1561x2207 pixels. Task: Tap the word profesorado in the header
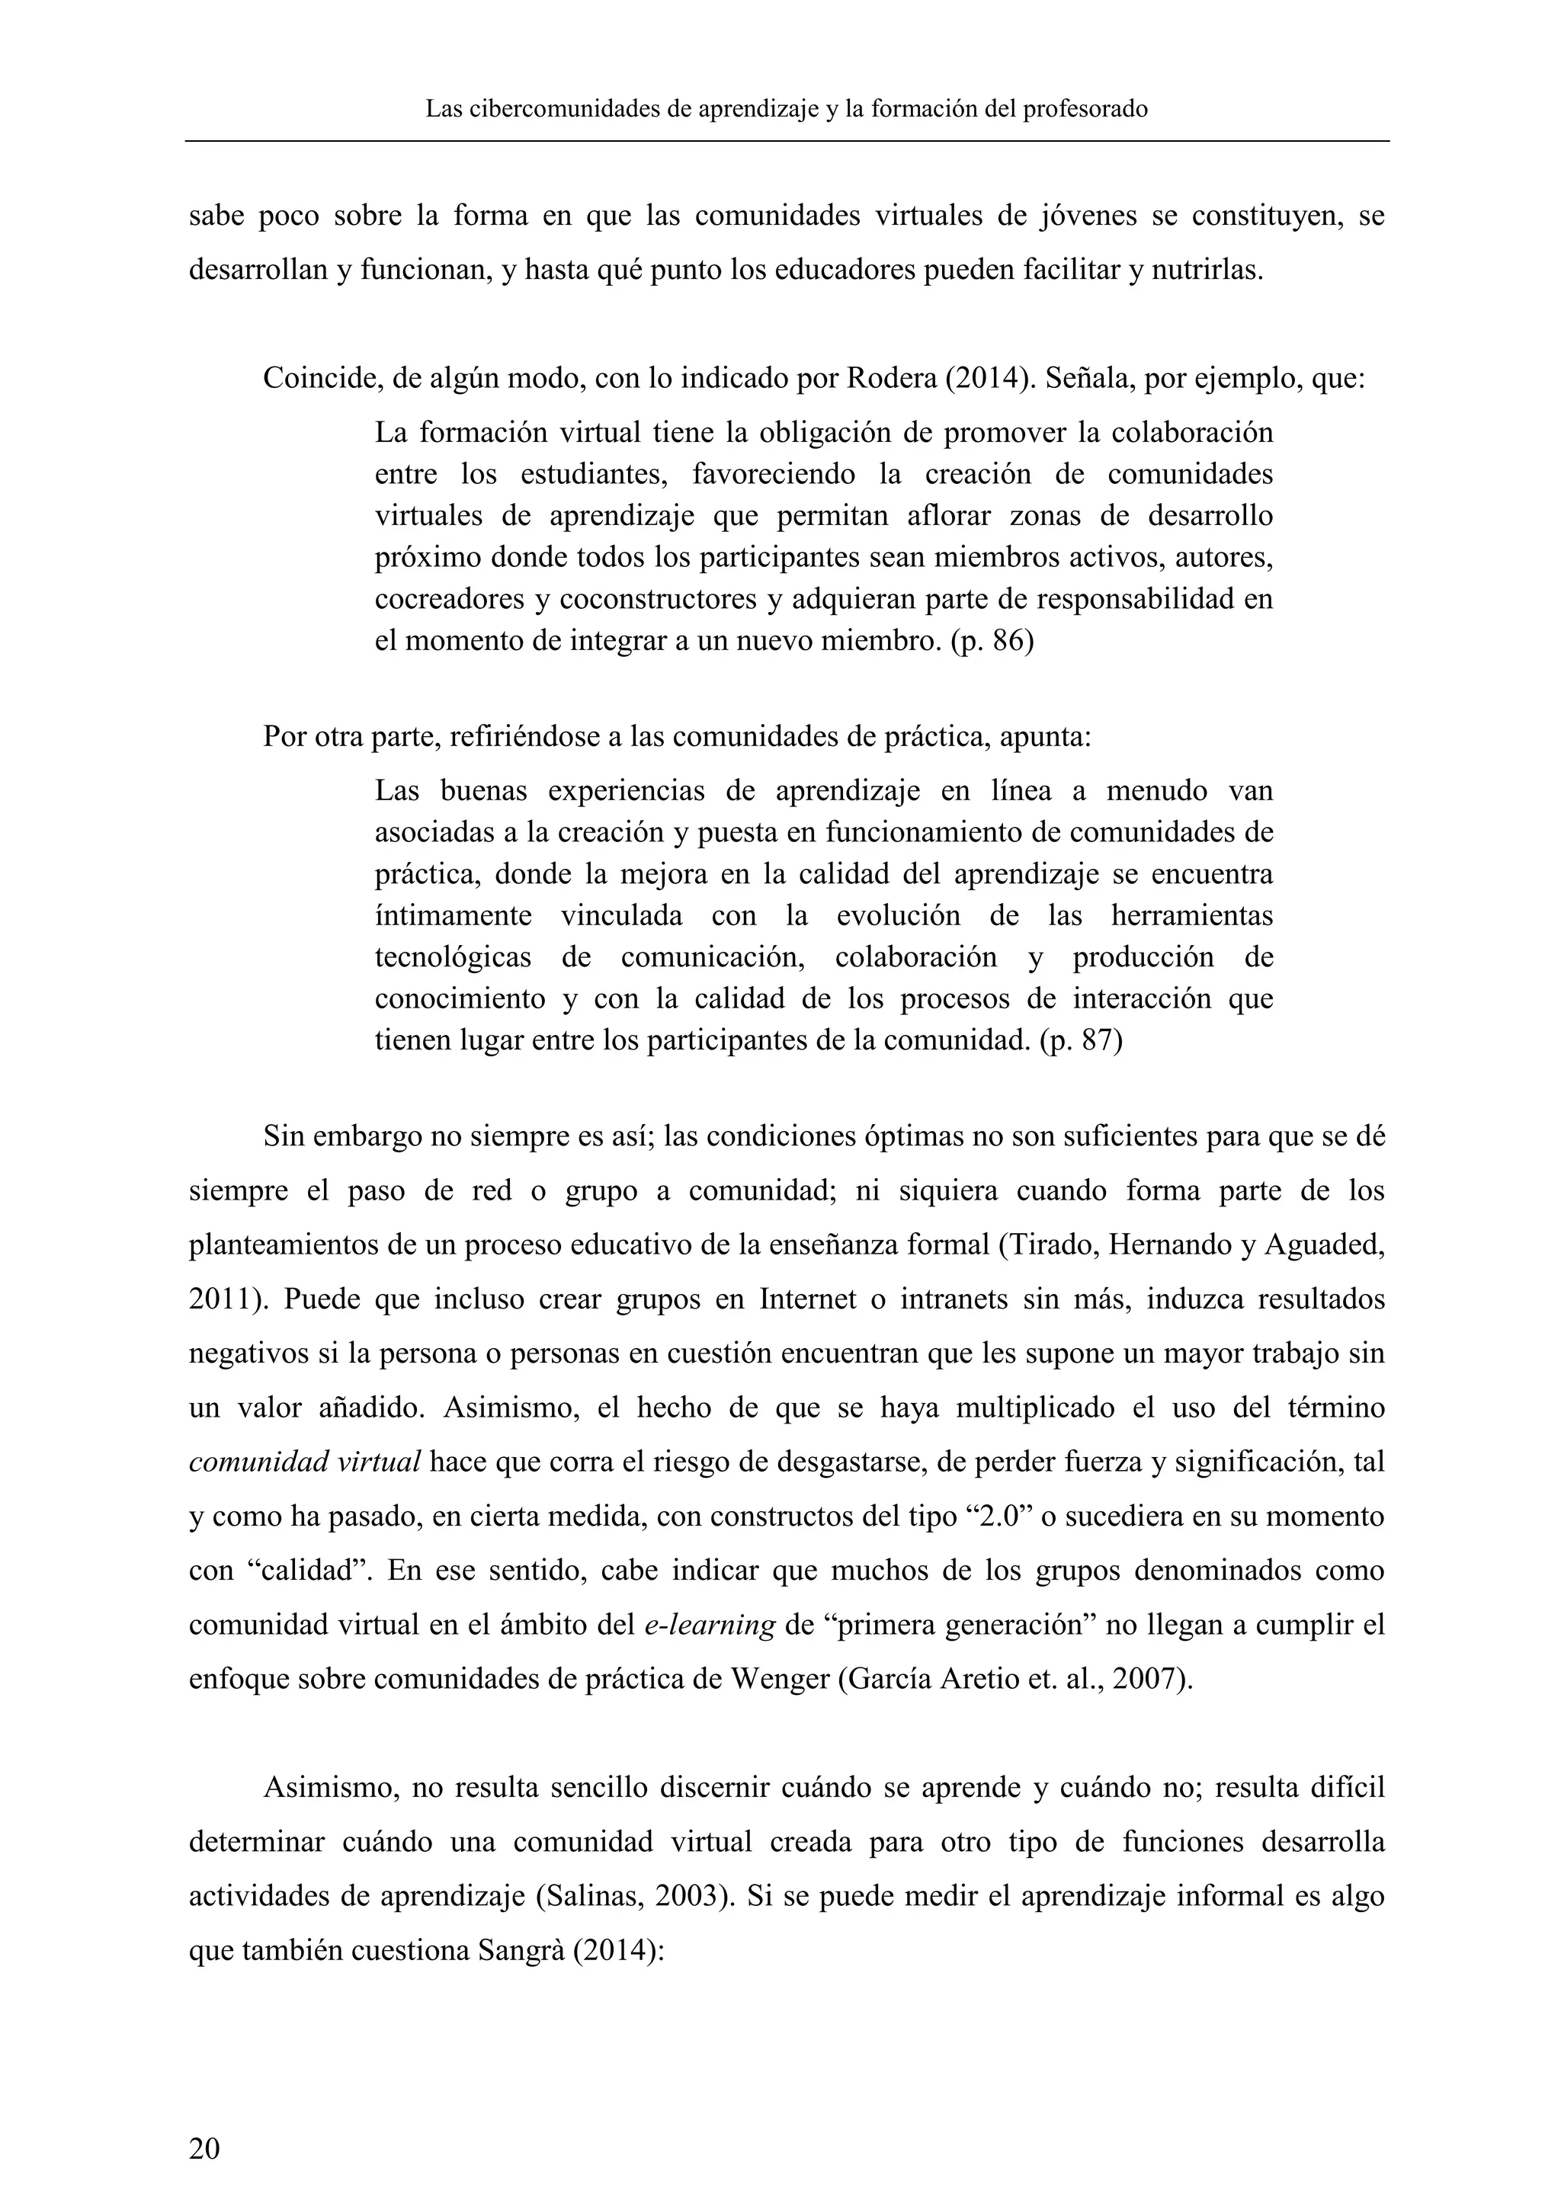[x=1085, y=110]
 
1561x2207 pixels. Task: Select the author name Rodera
[x=889, y=378]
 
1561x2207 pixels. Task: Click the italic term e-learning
[x=710, y=1626]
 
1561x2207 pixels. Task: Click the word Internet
[x=807, y=1299]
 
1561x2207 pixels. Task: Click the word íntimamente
[x=453, y=915]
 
